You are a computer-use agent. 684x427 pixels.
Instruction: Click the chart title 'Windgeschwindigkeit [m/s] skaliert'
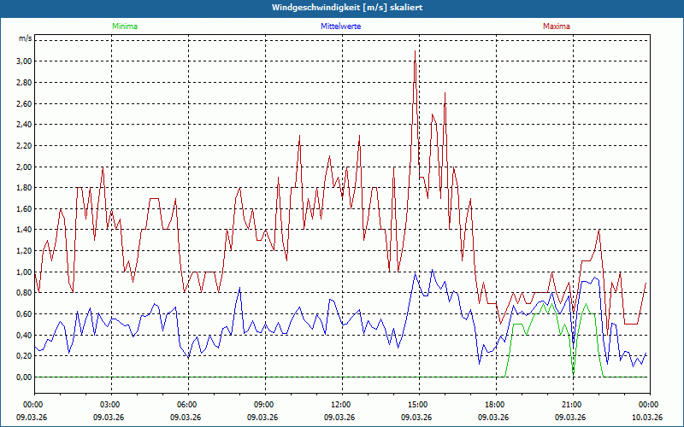(341, 7)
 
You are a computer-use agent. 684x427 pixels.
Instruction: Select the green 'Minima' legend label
(124, 26)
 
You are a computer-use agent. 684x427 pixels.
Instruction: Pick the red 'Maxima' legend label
(557, 26)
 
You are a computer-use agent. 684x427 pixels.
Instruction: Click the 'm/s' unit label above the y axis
(25, 39)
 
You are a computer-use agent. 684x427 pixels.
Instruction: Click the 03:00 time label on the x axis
(110, 405)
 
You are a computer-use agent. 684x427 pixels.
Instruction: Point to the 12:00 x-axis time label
(340, 405)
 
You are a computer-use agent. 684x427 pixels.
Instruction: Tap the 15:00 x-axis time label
(417, 405)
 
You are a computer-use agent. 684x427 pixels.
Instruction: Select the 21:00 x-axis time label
(571, 405)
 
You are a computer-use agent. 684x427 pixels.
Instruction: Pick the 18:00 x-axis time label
(494, 405)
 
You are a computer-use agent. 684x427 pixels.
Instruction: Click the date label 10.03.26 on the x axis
(648, 418)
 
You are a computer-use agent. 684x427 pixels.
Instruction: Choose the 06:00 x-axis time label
(187, 405)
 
